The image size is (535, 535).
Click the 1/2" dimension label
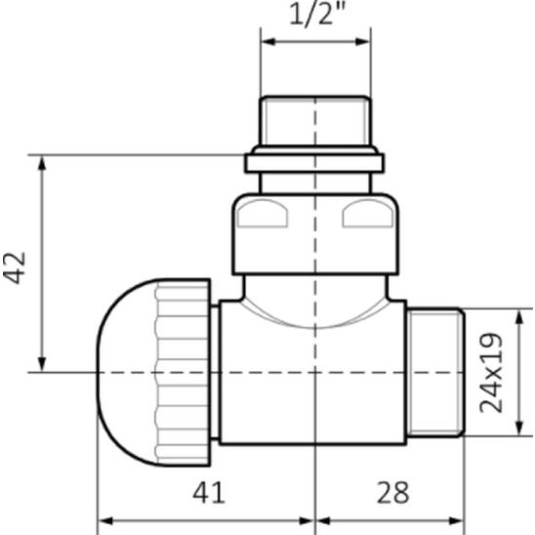pyautogui.click(x=317, y=15)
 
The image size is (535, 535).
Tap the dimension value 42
pyautogui.click(x=15, y=267)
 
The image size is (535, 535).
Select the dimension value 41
pyautogui.click(x=209, y=492)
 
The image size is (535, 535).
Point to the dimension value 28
pyautogui.click(x=392, y=492)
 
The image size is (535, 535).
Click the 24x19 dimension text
pyautogui.click(x=491, y=373)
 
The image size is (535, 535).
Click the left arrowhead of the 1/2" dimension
pyautogui.click(x=267, y=42)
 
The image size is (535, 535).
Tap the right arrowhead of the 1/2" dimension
pyautogui.click(x=363, y=42)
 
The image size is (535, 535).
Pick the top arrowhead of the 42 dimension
pyautogui.click(x=42, y=162)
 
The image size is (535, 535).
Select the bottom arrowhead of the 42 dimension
pyautogui.click(x=42, y=364)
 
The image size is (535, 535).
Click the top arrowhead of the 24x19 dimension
pyautogui.click(x=519, y=316)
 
